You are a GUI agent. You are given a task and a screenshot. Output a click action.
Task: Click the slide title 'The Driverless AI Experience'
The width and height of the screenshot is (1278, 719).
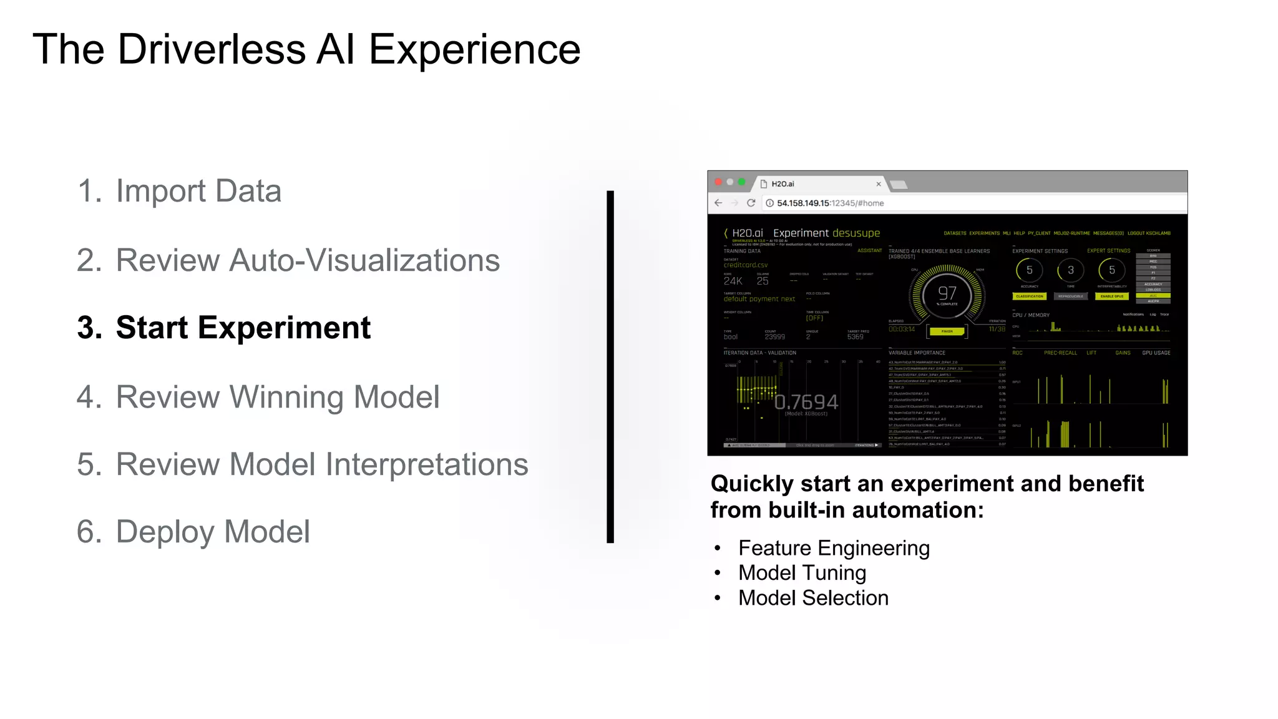pos(306,49)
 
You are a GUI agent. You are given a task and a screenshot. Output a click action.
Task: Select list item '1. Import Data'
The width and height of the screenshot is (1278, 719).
pos(179,191)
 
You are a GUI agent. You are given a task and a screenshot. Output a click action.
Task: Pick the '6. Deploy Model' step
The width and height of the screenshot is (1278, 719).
pos(193,532)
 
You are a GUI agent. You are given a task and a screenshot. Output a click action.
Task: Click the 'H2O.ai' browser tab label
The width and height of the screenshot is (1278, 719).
pos(783,184)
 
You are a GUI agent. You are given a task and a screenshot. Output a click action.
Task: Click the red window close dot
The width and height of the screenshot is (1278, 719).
pos(718,182)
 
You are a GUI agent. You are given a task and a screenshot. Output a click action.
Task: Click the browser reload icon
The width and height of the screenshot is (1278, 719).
pos(751,203)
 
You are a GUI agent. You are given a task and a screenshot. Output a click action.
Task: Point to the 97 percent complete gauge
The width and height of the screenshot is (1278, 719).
pos(947,294)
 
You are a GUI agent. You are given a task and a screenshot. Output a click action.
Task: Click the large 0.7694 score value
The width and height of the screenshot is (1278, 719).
pos(806,402)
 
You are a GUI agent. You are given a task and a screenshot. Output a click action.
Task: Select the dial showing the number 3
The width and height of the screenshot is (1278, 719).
pos(1070,270)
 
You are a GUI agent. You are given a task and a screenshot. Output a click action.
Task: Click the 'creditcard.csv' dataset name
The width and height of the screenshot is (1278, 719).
pos(746,265)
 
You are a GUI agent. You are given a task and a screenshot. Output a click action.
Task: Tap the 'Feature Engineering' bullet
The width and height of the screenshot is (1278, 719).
pos(834,548)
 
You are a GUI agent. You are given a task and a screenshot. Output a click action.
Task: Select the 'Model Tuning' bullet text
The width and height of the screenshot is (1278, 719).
pos(802,573)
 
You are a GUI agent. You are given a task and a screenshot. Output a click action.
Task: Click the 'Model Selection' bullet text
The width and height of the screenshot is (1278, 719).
pos(813,598)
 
